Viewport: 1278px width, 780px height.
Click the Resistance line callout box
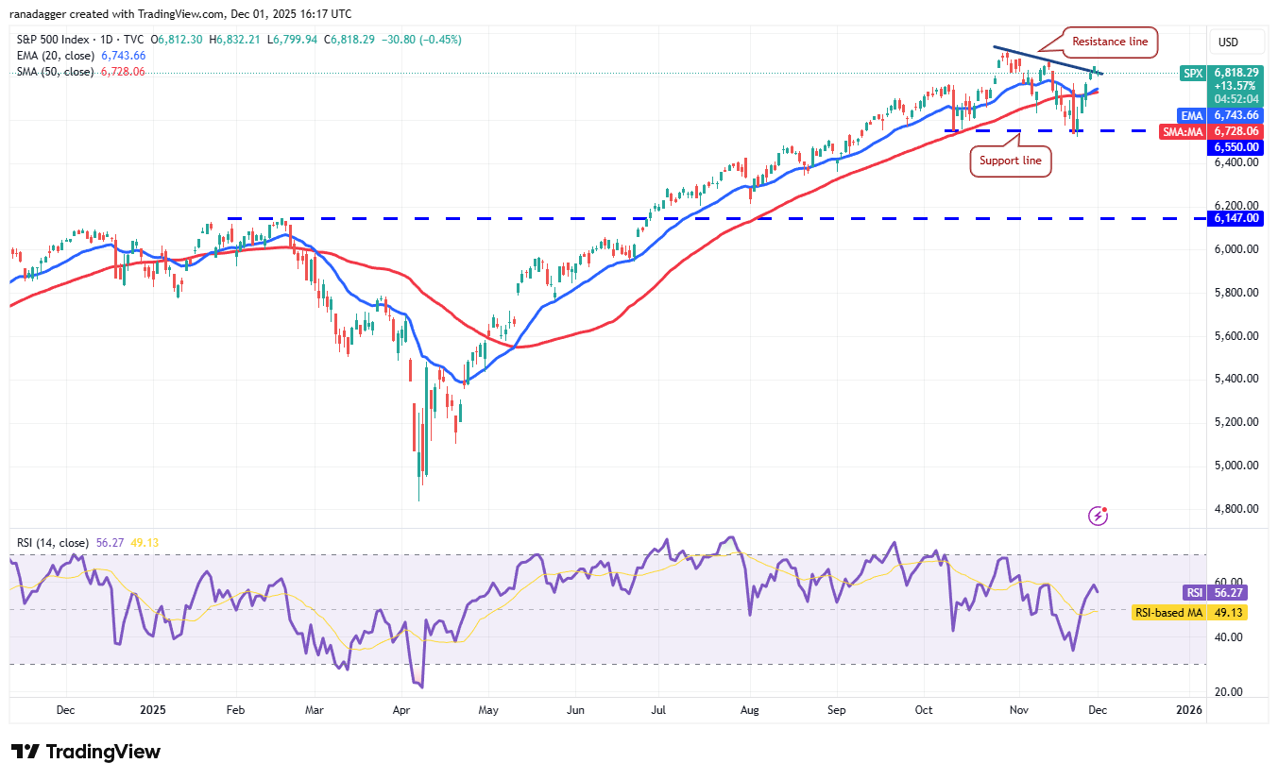1110,42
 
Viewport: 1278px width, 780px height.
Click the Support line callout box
1011,161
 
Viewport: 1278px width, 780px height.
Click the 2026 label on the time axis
1189,709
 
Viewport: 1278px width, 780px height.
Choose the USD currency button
1229,42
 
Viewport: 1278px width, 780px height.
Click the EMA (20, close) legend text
55,56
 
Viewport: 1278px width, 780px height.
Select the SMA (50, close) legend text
55,72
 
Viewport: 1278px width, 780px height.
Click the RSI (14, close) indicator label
53,543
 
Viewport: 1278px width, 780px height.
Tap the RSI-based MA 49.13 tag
1188,612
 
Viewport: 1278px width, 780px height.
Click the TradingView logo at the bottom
87,752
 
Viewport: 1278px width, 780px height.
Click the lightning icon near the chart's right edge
1099,516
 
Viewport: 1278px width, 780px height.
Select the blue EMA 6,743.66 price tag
1223,114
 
